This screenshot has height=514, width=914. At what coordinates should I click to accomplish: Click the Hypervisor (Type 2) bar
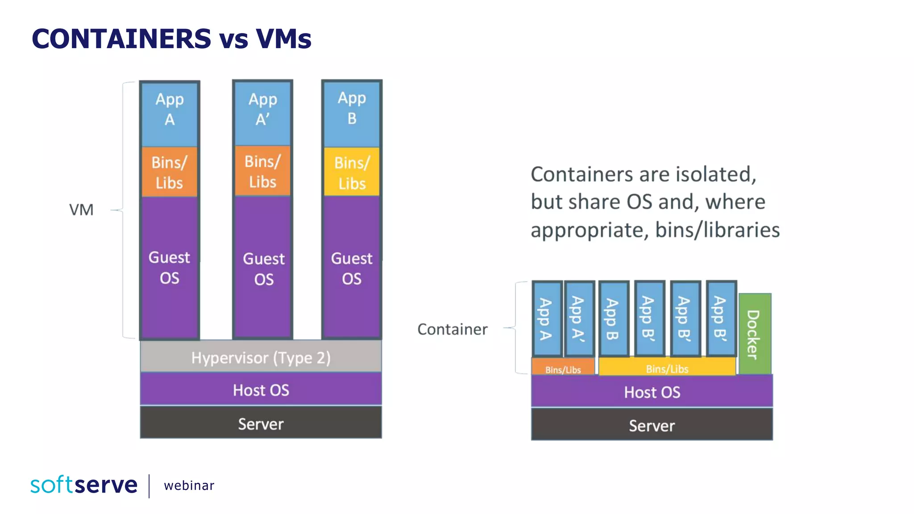pyautogui.click(x=261, y=357)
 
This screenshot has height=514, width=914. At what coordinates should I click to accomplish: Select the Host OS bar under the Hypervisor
pyautogui.click(x=261, y=390)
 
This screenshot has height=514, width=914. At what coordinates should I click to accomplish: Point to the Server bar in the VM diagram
pyautogui.click(x=261, y=423)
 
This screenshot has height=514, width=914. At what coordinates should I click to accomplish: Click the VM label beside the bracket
pyautogui.click(x=81, y=210)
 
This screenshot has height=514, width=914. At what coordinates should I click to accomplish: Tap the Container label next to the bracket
pyautogui.click(x=452, y=329)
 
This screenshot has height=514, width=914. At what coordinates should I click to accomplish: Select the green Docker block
pyautogui.click(x=754, y=334)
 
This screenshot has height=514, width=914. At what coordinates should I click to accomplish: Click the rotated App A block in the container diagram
pyautogui.click(x=546, y=319)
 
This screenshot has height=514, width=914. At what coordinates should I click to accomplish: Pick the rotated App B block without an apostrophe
pyautogui.click(x=613, y=319)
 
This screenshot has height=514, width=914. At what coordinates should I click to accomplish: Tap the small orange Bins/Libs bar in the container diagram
pyautogui.click(x=563, y=369)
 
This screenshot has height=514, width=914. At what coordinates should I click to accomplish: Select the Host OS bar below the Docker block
pyautogui.click(x=652, y=392)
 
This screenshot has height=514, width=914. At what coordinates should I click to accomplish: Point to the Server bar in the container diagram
pyautogui.click(x=652, y=425)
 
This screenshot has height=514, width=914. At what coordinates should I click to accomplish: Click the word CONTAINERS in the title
pyautogui.click(x=121, y=38)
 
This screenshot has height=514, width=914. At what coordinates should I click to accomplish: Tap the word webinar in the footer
pyautogui.click(x=189, y=485)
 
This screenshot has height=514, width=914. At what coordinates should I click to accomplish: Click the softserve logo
pyautogui.click(x=84, y=485)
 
